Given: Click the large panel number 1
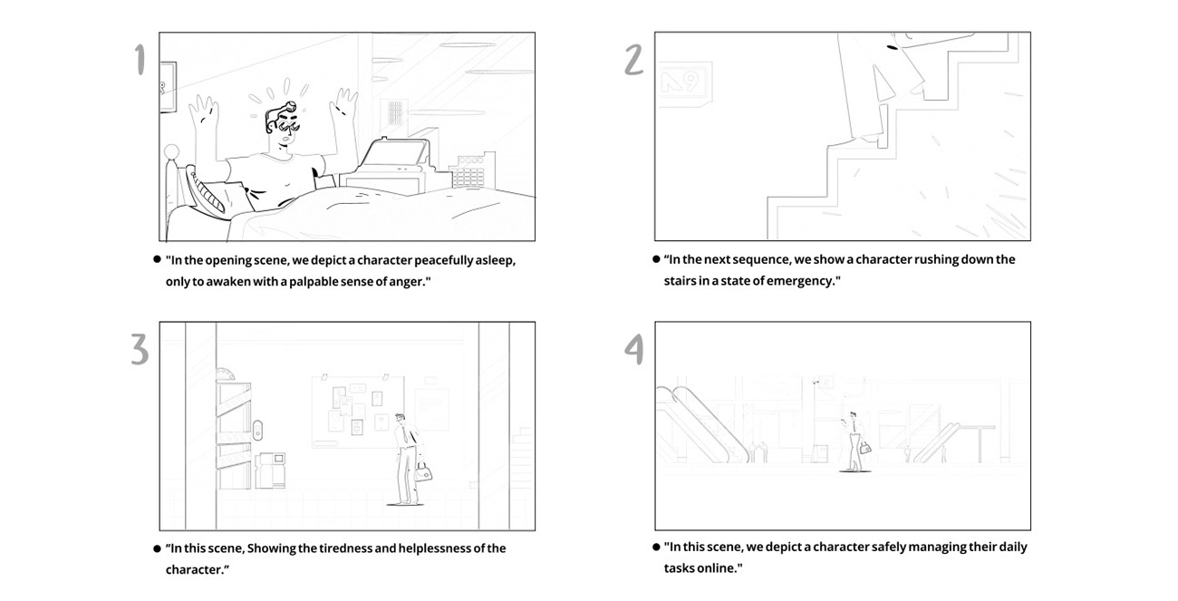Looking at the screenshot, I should click(x=140, y=60).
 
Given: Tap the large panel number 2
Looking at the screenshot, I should click(x=634, y=60).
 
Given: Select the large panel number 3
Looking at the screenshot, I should click(x=139, y=349).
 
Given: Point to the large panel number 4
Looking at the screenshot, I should click(x=634, y=349).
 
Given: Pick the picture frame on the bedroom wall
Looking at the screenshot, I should click(x=168, y=87).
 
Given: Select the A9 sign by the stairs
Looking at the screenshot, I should click(x=684, y=82).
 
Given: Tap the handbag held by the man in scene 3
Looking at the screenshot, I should click(x=422, y=471).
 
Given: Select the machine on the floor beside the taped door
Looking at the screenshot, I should click(x=271, y=470).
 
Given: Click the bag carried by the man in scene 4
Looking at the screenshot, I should click(x=865, y=447).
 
